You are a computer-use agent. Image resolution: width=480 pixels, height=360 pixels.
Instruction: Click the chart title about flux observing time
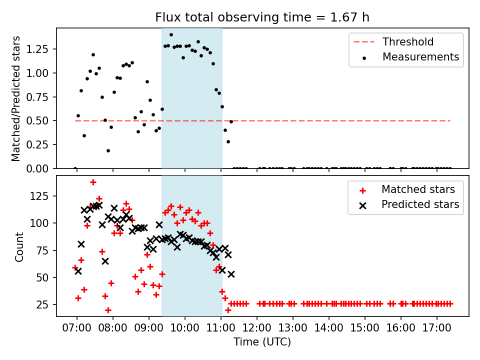pos(262,17)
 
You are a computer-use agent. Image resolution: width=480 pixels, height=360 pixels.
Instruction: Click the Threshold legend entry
pos(407,42)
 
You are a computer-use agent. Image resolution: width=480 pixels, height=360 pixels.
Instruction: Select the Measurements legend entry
pos(420,57)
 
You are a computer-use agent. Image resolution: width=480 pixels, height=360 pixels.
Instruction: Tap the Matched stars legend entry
pos(417,189)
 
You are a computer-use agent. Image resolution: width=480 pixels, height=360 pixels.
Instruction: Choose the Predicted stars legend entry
pos(420,204)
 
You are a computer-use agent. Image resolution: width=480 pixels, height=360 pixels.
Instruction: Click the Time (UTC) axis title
pos(262,342)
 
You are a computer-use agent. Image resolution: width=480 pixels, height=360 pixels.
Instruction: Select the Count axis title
pos(19,246)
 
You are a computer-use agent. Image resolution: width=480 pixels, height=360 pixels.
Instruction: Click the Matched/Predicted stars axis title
pos(16,98)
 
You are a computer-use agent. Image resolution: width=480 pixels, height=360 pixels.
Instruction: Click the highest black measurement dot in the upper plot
pos(171,35)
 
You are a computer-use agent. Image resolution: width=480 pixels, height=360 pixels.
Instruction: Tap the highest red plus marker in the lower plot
pos(93,182)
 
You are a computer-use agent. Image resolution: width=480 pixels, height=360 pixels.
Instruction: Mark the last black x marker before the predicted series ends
pos(231,274)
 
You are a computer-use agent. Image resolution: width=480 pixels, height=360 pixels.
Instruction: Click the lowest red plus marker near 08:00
pos(108,310)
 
